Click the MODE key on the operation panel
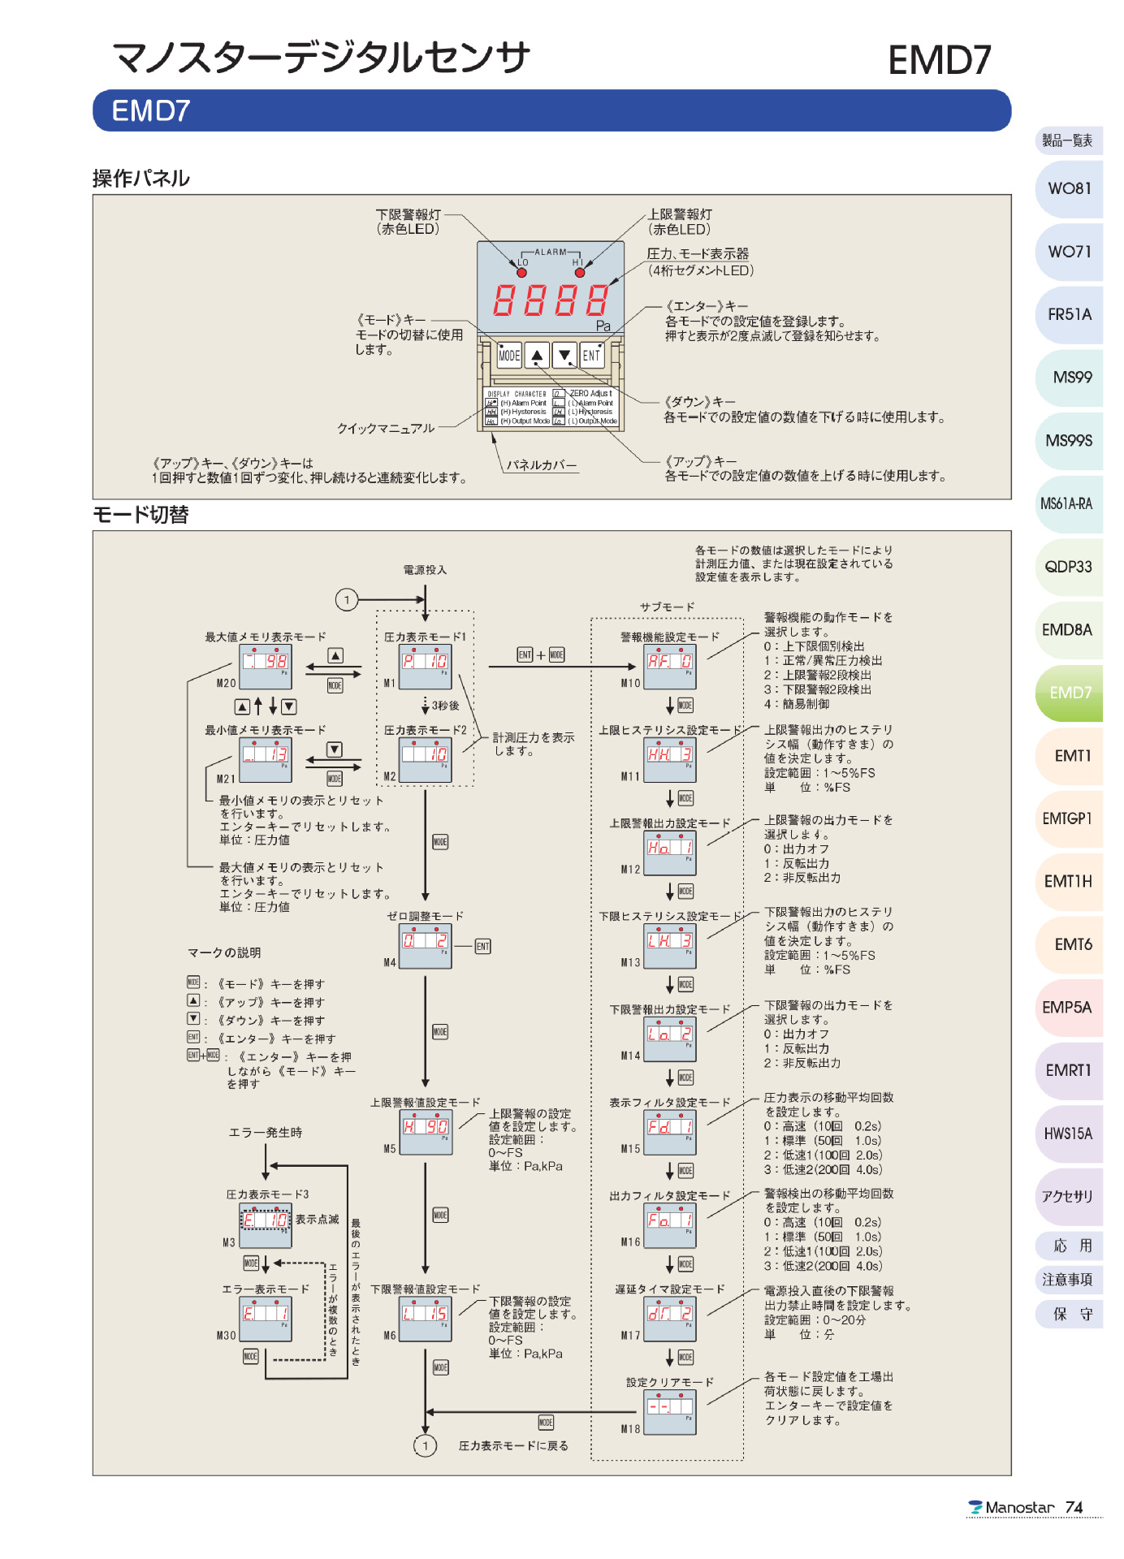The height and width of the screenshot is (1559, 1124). tap(509, 355)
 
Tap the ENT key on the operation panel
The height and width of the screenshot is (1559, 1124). tap(591, 355)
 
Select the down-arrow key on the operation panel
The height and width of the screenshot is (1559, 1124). tap(564, 355)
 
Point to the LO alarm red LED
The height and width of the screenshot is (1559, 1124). tap(522, 272)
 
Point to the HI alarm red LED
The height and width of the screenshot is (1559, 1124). tap(577, 272)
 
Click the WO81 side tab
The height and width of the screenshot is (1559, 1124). tap(1070, 188)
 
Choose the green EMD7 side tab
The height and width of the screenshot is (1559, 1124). tap(1070, 693)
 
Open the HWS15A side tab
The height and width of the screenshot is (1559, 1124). tap(1068, 1134)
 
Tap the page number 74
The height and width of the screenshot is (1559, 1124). tap(1074, 1508)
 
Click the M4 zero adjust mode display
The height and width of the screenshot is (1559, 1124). tap(426, 946)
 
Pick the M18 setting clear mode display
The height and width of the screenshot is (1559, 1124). tap(670, 1411)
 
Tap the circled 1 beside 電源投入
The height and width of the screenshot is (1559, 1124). tap(347, 600)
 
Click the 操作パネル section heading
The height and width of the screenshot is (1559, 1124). tap(141, 179)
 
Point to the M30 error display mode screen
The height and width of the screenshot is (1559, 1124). tap(266, 1319)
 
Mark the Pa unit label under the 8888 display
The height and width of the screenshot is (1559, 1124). tap(603, 326)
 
